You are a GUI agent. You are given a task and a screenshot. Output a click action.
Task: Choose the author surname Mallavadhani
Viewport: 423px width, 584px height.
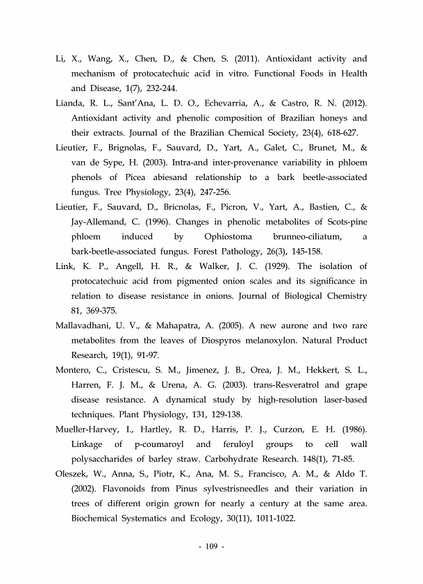click(87, 325)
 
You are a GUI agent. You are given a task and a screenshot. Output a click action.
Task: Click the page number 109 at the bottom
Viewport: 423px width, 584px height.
click(210, 547)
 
